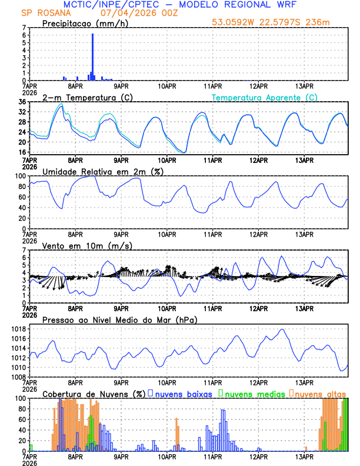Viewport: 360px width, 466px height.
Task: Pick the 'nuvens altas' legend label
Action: (321, 393)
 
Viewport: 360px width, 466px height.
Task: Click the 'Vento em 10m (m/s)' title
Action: (79, 245)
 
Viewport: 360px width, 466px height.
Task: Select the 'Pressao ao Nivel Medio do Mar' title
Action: (119, 319)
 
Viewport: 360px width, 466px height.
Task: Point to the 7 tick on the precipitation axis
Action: (24, 28)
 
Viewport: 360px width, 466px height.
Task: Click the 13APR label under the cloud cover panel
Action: (304, 457)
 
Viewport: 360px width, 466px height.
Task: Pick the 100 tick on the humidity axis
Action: (20, 176)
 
